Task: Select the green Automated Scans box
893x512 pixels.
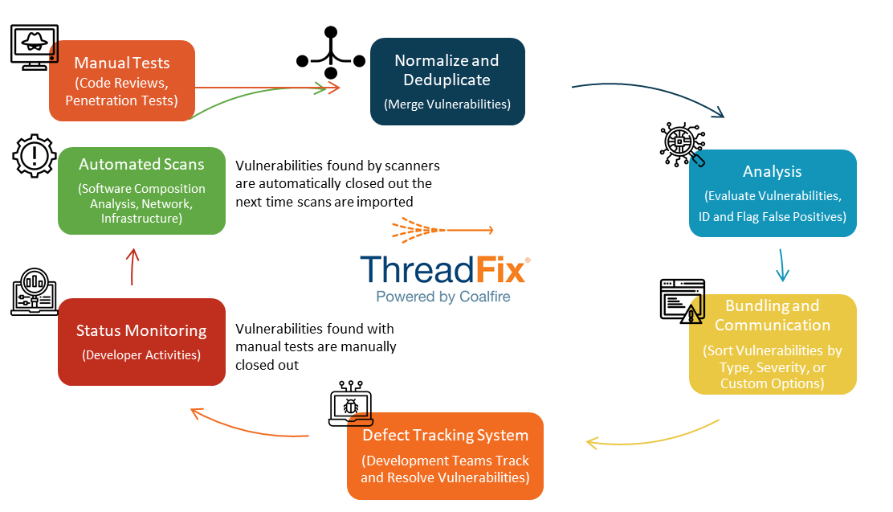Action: pyautogui.click(x=141, y=190)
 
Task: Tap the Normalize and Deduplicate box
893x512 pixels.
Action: pyautogui.click(x=447, y=81)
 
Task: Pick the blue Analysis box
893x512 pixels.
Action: pyautogui.click(x=773, y=193)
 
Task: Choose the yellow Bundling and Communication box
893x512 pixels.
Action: pyautogui.click(x=773, y=344)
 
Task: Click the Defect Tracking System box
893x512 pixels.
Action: pyautogui.click(x=445, y=456)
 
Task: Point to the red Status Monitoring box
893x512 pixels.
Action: pyautogui.click(x=141, y=342)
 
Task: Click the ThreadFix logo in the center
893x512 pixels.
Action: pyautogui.click(x=445, y=260)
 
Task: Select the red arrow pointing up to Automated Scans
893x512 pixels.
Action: pyautogui.click(x=133, y=266)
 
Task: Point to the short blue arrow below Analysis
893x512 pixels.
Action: pyautogui.click(x=782, y=265)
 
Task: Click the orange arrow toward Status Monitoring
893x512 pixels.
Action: pyautogui.click(x=249, y=428)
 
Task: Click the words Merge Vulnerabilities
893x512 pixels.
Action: pyautogui.click(x=447, y=104)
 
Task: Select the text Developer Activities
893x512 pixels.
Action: pyautogui.click(x=141, y=355)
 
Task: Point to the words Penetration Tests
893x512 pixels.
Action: pyautogui.click(x=121, y=101)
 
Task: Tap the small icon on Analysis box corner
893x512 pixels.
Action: pyautogui.click(x=698, y=158)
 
